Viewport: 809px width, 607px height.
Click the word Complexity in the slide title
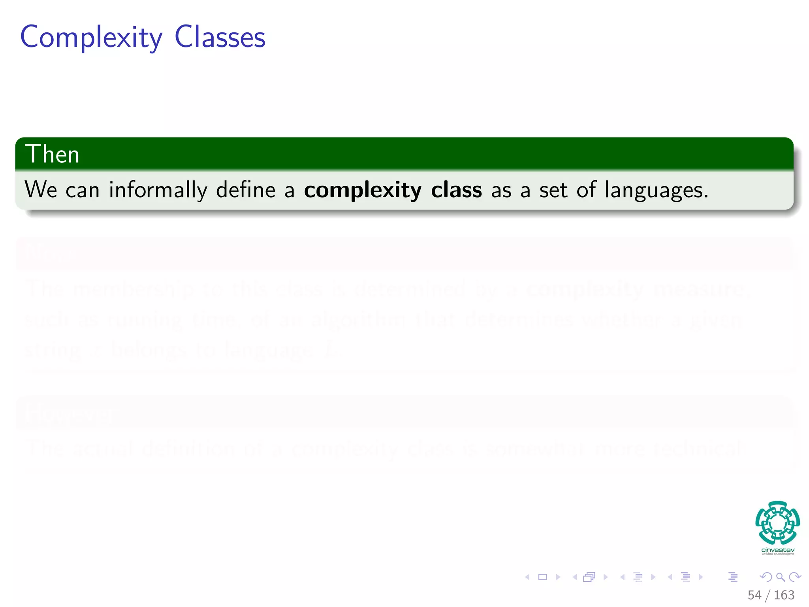click(91, 38)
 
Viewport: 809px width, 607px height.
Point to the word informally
click(158, 190)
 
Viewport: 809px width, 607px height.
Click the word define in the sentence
click(245, 190)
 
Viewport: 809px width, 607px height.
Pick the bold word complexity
click(363, 190)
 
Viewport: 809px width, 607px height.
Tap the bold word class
click(456, 190)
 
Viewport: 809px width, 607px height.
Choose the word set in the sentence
click(553, 190)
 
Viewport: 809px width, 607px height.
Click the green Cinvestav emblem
click(777, 523)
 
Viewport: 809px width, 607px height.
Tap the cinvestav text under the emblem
click(777, 550)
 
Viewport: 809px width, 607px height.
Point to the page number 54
click(754, 595)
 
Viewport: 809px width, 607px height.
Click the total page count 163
click(784, 595)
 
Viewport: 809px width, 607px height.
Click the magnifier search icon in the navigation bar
click(781, 577)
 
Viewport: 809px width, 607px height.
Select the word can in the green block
click(82, 190)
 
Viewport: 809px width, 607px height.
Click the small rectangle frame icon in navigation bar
click(543, 577)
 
